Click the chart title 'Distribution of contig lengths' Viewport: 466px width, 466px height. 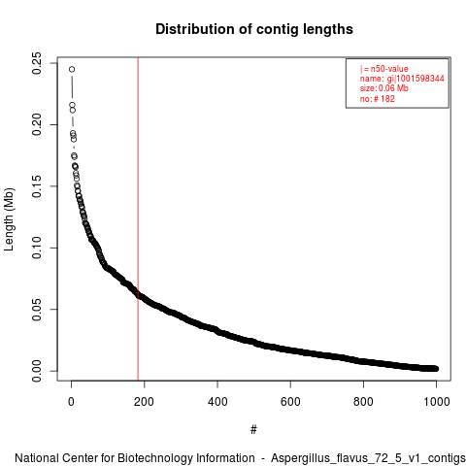(x=254, y=29)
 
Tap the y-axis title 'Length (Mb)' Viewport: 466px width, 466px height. (x=9, y=219)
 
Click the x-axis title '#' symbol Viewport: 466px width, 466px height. (x=253, y=429)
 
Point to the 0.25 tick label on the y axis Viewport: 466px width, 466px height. (x=37, y=63)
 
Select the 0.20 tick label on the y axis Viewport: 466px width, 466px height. (x=37, y=124)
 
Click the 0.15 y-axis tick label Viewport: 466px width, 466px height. (x=37, y=186)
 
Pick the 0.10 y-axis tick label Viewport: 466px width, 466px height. (x=37, y=248)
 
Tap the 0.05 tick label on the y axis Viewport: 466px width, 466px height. (x=37, y=309)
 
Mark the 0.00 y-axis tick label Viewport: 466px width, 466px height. (x=37, y=371)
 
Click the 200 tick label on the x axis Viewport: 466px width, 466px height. (x=144, y=402)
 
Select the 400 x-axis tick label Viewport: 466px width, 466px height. (x=217, y=402)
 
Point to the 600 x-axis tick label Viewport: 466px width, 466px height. (x=290, y=402)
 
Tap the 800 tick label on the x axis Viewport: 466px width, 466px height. (x=363, y=402)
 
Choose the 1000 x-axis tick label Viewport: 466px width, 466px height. (x=437, y=402)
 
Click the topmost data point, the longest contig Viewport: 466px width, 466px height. (x=72, y=69)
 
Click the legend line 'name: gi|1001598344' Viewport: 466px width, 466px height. (x=402, y=79)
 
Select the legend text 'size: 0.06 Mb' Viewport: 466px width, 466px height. (x=384, y=88)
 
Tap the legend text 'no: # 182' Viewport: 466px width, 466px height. (x=378, y=98)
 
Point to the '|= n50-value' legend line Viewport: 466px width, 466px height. (x=384, y=69)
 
